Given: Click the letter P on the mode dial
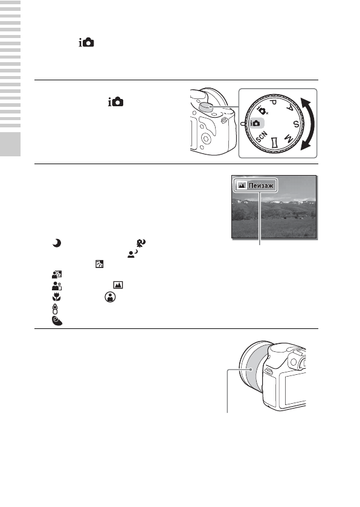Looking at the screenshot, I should point(273,103).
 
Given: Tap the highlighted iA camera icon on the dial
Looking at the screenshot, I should point(256,123).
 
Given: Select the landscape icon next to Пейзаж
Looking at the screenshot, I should point(242,187).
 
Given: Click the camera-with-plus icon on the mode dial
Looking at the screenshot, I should point(262,111).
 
